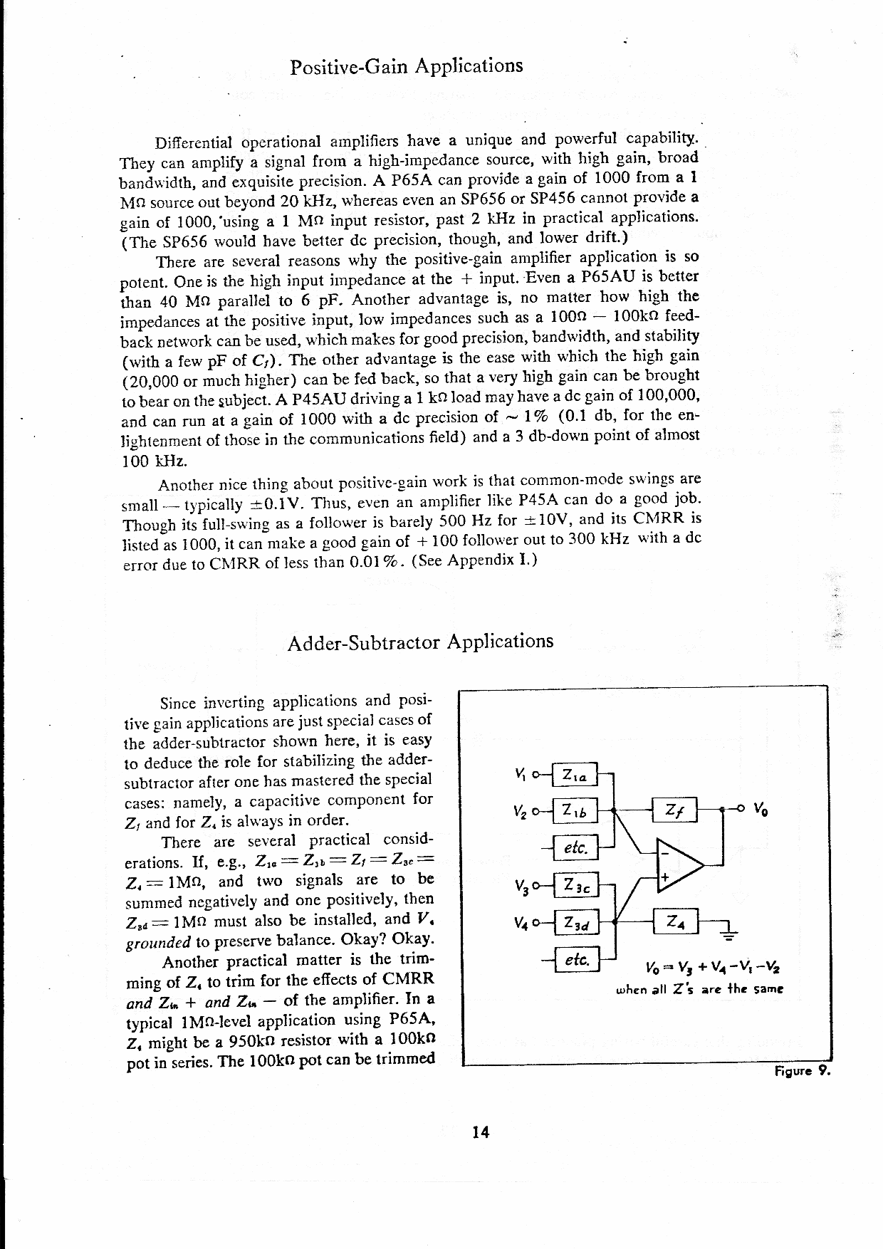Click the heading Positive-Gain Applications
(407, 66)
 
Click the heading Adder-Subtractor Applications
(419, 642)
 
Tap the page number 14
(481, 1132)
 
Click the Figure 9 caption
(802, 1071)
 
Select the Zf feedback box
(674, 810)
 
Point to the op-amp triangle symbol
(677, 864)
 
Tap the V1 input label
(519, 773)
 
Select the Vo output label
(760, 809)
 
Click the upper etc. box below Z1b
(574, 847)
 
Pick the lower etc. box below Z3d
(576, 960)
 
